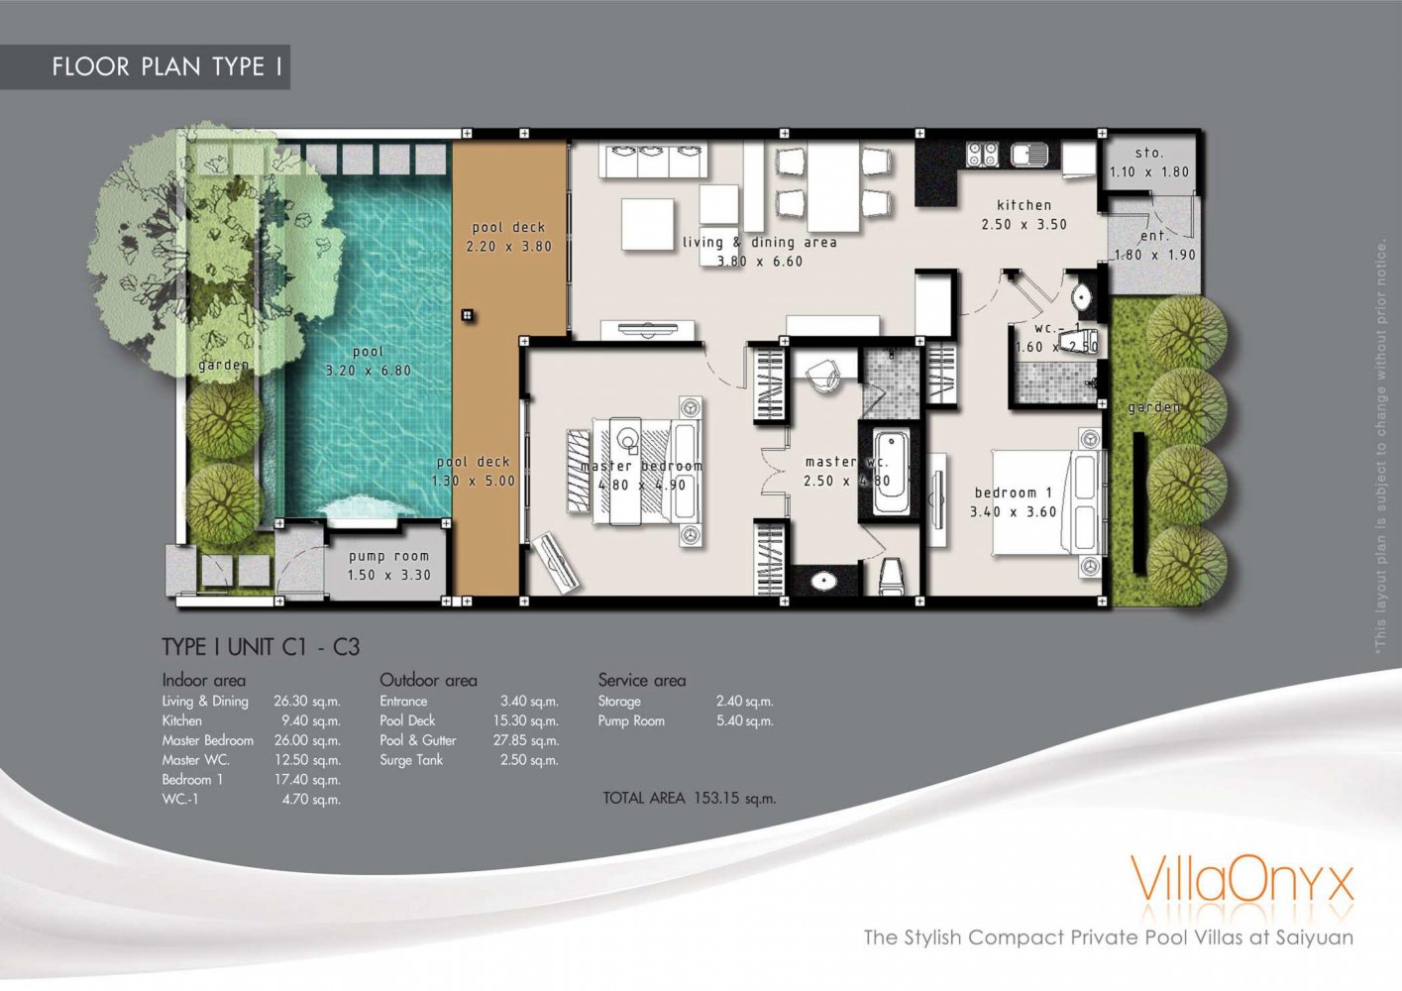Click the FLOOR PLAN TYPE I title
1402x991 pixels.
pyautogui.click(x=167, y=67)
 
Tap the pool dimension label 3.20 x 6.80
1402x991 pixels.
pyautogui.click(x=368, y=371)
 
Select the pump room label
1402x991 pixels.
pyautogui.click(x=388, y=556)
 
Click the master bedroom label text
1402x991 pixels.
pyautogui.click(x=641, y=466)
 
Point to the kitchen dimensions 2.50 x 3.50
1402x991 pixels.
pyautogui.click(x=1024, y=225)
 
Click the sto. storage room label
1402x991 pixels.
pyautogui.click(x=1149, y=153)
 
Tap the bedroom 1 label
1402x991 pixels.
pyautogui.click(x=1013, y=493)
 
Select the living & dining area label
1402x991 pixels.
pyautogui.click(x=759, y=242)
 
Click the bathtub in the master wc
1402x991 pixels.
pyautogui.click(x=890, y=470)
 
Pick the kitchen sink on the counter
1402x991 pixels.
pyautogui.click(x=1029, y=155)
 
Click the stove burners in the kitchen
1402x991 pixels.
pyautogui.click(x=982, y=154)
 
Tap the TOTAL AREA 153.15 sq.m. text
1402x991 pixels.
pyautogui.click(x=689, y=798)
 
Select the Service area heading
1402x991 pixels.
pyautogui.click(x=641, y=680)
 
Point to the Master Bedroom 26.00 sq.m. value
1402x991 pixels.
pyautogui.click(x=306, y=740)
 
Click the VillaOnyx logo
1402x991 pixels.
pyautogui.click(x=1240, y=880)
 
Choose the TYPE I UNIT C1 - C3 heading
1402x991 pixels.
pyautogui.click(x=261, y=647)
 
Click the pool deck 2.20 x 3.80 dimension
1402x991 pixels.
pyautogui.click(x=508, y=247)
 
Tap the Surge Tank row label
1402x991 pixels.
pyautogui.click(x=411, y=760)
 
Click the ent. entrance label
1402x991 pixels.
pyautogui.click(x=1154, y=236)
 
